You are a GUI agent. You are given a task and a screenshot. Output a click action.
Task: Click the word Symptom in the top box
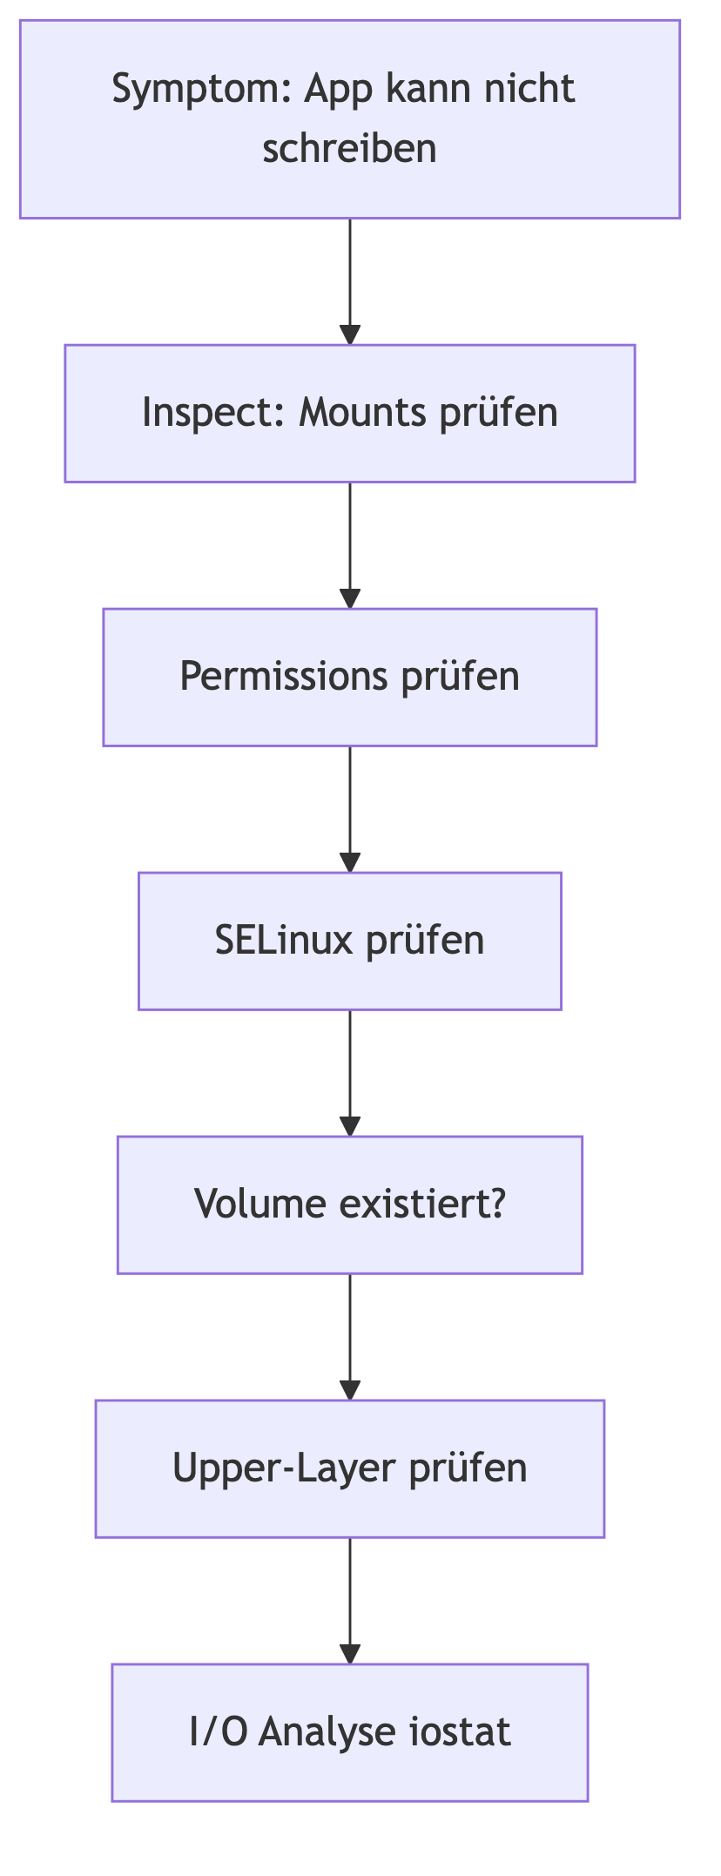click(200, 90)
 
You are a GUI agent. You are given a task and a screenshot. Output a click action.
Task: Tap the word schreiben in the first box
click(349, 149)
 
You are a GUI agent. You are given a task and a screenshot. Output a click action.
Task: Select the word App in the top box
click(338, 90)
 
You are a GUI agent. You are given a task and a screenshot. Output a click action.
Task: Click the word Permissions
click(284, 677)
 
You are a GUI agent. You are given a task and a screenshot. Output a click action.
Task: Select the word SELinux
click(284, 941)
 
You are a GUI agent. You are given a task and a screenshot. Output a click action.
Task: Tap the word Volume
click(260, 1205)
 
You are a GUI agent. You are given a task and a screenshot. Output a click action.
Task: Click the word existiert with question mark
click(422, 1205)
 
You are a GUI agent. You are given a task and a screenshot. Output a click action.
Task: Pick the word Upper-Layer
click(285, 1468)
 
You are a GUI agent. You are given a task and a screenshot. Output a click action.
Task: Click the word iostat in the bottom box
click(461, 1732)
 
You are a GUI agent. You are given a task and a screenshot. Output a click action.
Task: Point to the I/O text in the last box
click(218, 1732)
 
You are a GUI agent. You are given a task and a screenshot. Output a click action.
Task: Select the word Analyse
click(321, 1732)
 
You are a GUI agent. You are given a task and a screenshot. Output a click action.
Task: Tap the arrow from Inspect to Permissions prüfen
click(350, 544)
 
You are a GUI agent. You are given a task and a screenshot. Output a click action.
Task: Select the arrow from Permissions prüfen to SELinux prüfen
click(350, 808)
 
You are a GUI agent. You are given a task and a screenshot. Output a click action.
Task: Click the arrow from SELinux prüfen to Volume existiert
click(350, 1072)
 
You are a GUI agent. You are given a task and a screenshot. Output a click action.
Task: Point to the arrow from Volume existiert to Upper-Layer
click(350, 1336)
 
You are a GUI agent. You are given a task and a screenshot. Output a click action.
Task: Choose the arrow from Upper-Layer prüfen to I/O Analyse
click(350, 1600)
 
